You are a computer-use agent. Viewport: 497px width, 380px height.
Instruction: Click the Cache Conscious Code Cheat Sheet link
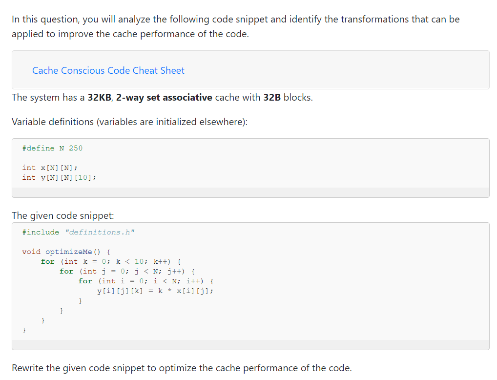(108, 70)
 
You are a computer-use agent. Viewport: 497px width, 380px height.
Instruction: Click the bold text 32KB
(100, 97)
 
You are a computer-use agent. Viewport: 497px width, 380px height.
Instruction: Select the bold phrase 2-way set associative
(164, 97)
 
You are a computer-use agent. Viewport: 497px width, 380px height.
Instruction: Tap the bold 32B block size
(272, 97)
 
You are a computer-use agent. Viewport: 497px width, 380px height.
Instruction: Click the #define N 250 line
(52, 148)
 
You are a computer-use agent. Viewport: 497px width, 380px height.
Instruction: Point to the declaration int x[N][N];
(49, 168)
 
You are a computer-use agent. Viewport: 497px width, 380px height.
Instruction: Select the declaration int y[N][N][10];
(59, 177)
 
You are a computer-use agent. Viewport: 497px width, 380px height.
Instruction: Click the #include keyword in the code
(41, 232)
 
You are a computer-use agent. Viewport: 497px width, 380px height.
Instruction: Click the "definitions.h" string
(100, 232)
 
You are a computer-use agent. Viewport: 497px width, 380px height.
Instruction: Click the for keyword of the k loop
(48, 261)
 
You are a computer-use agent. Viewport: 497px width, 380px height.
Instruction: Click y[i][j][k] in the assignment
(120, 291)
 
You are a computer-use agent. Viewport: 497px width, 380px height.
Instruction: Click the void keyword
(31, 252)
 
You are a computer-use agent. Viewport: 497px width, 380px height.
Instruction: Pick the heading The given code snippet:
(62, 215)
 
